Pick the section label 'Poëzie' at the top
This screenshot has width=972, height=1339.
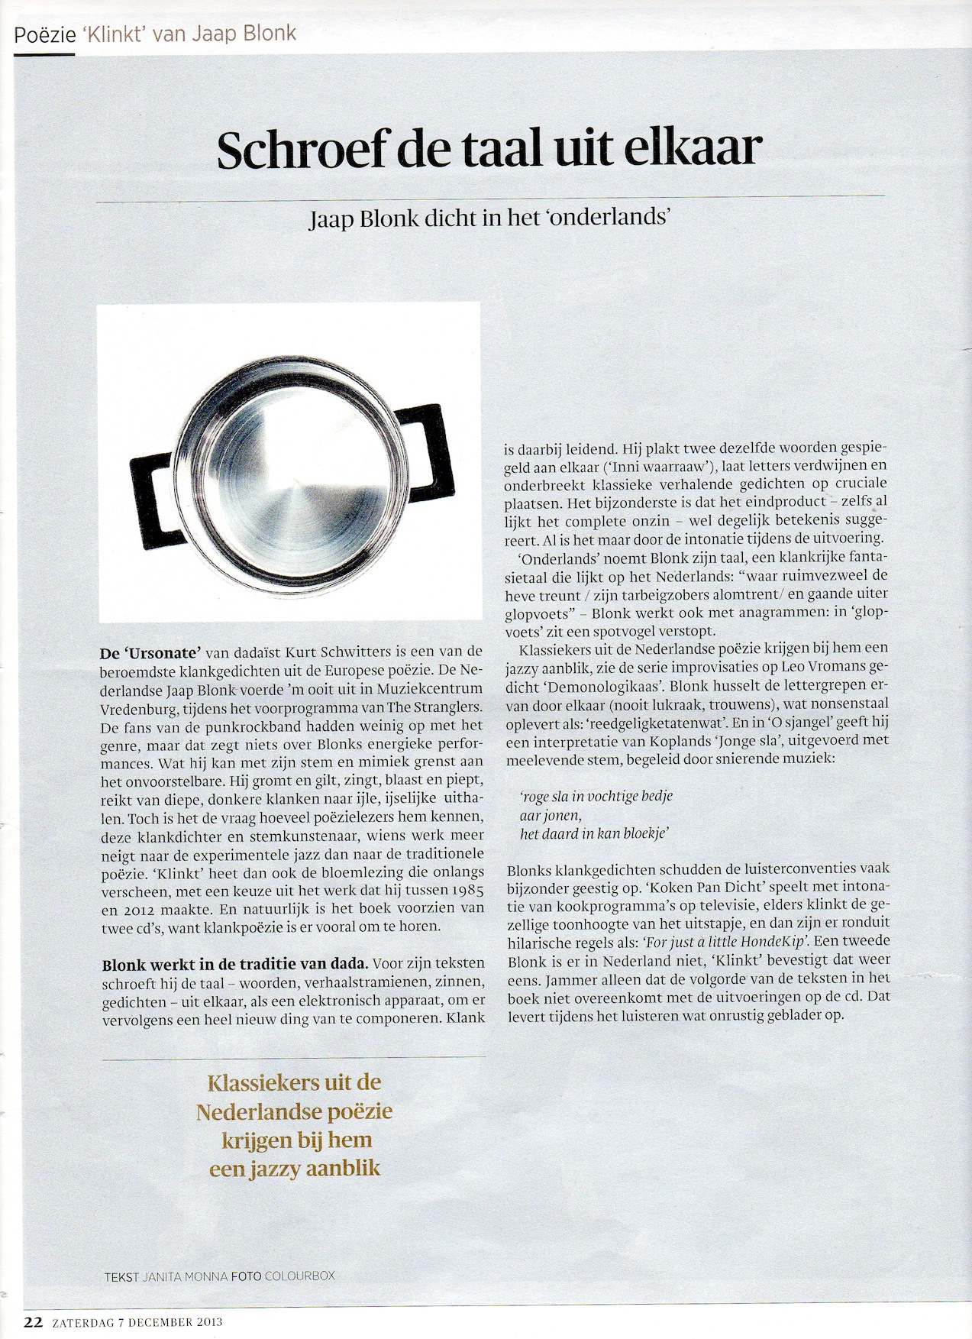[x=44, y=34]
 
